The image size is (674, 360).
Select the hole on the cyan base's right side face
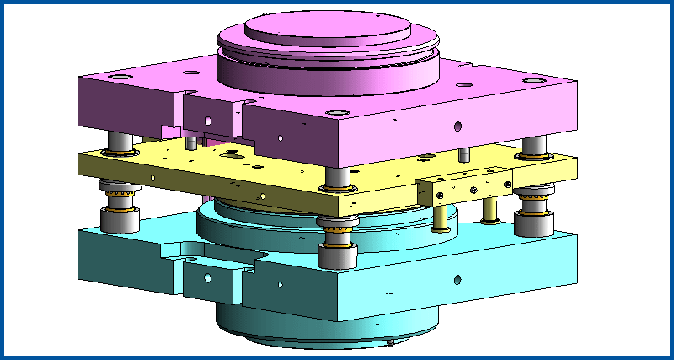(456, 278)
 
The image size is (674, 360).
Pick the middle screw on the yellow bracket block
(475, 181)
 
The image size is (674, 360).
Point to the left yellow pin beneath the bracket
(439, 215)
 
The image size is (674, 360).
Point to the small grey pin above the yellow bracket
(463, 154)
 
